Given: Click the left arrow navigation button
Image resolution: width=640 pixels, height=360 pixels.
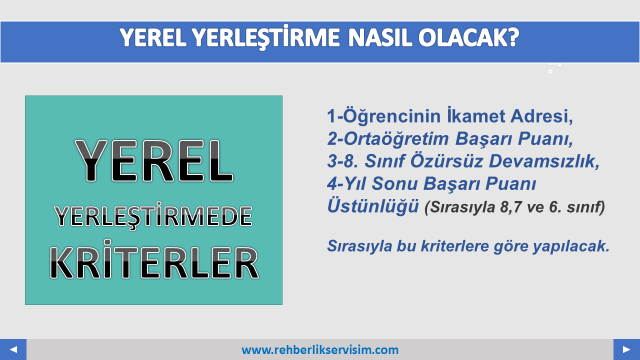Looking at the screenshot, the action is [x=13, y=349].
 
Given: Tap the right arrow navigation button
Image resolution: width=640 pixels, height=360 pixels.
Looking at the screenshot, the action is [x=626, y=349].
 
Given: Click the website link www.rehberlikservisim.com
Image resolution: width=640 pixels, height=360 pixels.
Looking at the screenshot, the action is [x=320, y=350].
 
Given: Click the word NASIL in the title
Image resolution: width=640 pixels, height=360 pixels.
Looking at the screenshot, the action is [x=380, y=37].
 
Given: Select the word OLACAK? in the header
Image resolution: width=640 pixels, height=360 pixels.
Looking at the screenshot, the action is [x=469, y=37].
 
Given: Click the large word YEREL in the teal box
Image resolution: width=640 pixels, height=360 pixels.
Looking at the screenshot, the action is [x=154, y=161].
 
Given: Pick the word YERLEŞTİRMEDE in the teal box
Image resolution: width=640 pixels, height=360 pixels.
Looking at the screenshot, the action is [x=153, y=215].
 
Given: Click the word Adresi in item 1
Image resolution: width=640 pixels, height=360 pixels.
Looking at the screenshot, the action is [x=541, y=116].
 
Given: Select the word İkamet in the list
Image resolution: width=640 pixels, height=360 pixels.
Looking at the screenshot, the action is [x=476, y=115].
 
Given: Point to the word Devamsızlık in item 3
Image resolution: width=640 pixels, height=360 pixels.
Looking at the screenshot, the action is [x=544, y=161].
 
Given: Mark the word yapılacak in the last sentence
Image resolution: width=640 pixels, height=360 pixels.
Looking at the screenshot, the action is [x=571, y=246].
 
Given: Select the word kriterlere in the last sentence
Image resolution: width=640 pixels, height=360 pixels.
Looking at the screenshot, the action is [x=455, y=246].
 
